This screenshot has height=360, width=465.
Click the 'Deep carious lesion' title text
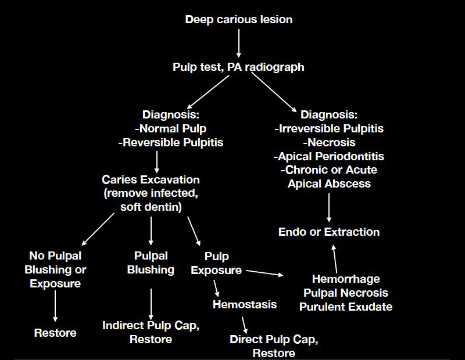pyautogui.click(x=238, y=20)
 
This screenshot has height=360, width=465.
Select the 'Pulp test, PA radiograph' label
pyautogui.click(x=238, y=67)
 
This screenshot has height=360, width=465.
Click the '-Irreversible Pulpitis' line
pyautogui.click(x=329, y=128)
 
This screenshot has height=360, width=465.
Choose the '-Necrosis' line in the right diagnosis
pyautogui.click(x=329, y=142)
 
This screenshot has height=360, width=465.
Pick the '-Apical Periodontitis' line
pyautogui.click(x=329, y=156)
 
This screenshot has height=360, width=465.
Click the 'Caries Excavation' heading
pyautogui.click(x=151, y=180)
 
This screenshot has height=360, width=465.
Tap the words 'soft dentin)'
pyautogui.click(x=151, y=207)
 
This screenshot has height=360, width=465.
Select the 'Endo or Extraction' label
pyautogui.click(x=329, y=232)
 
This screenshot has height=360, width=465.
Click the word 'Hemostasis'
pyautogui.click(x=245, y=304)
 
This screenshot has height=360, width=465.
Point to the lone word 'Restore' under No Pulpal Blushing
pyautogui.click(x=55, y=333)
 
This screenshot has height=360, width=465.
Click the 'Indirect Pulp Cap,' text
pyautogui.click(x=151, y=326)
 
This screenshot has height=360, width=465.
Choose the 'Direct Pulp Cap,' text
pyautogui.click(x=274, y=339)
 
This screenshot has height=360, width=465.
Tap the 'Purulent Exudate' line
pyautogui.click(x=346, y=307)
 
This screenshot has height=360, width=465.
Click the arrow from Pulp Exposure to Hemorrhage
pyautogui.click(x=264, y=273)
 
